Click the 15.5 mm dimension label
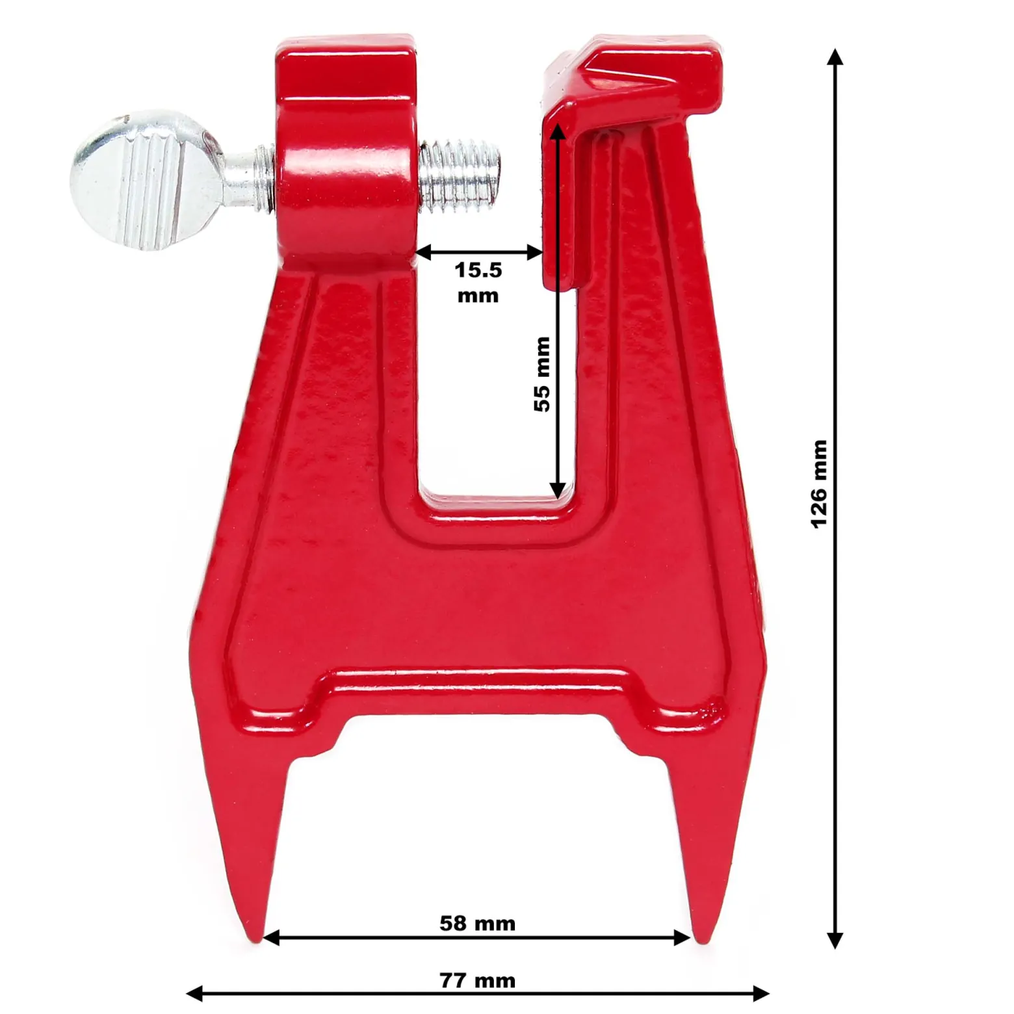[478, 282]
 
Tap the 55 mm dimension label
[541, 374]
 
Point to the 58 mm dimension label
[477, 923]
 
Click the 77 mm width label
[477, 980]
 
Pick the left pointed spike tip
[255, 941]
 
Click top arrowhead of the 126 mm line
[835, 57]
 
